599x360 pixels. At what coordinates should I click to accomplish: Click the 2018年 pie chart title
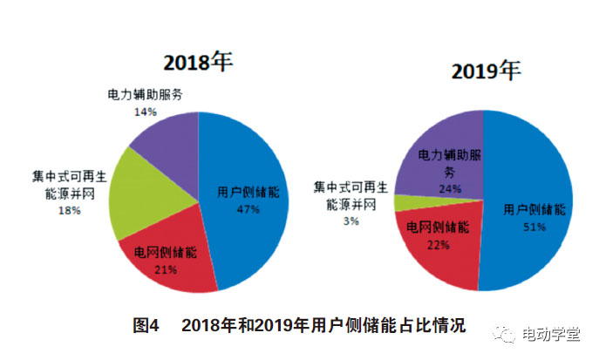point(199,63)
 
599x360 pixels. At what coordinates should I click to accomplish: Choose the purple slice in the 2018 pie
point(166,139)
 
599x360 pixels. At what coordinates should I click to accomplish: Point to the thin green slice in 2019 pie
point(403,203)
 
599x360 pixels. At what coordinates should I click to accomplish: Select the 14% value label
point(145,112)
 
